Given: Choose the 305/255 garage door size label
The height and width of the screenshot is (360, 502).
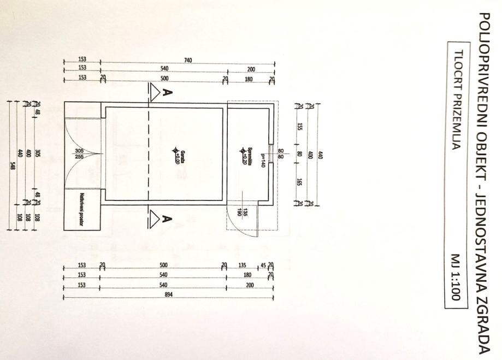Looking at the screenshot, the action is [x=81, y=154].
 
